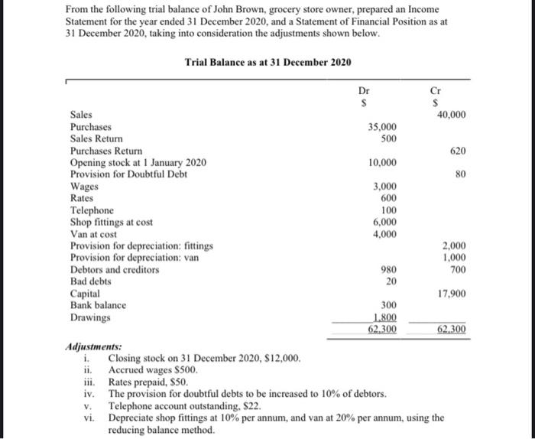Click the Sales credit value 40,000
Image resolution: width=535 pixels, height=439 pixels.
pos(451,115)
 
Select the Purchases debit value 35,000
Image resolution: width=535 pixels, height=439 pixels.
pos(383,127)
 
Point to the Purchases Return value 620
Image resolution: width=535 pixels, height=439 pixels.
pos(457,151)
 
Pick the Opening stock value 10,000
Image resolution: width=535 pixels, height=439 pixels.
pos(383,163)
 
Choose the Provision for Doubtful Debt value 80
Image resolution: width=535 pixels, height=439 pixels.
pos(460,174)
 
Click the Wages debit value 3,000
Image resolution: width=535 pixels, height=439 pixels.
pos(385,187)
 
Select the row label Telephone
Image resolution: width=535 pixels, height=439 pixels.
pos(92,210)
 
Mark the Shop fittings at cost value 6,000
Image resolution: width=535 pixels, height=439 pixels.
pos(385,222)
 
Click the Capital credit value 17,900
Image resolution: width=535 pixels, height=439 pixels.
pos(451,294)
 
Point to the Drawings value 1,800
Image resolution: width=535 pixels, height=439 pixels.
pos(385,317)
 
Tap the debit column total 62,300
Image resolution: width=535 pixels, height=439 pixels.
pos(383,330)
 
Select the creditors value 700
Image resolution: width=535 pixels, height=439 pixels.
pos(457,270)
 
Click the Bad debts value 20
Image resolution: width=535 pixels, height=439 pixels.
pos(391,281)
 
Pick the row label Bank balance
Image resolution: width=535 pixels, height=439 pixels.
pos(99,305)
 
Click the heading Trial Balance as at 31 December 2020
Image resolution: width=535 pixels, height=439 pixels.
pos(268,62)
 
